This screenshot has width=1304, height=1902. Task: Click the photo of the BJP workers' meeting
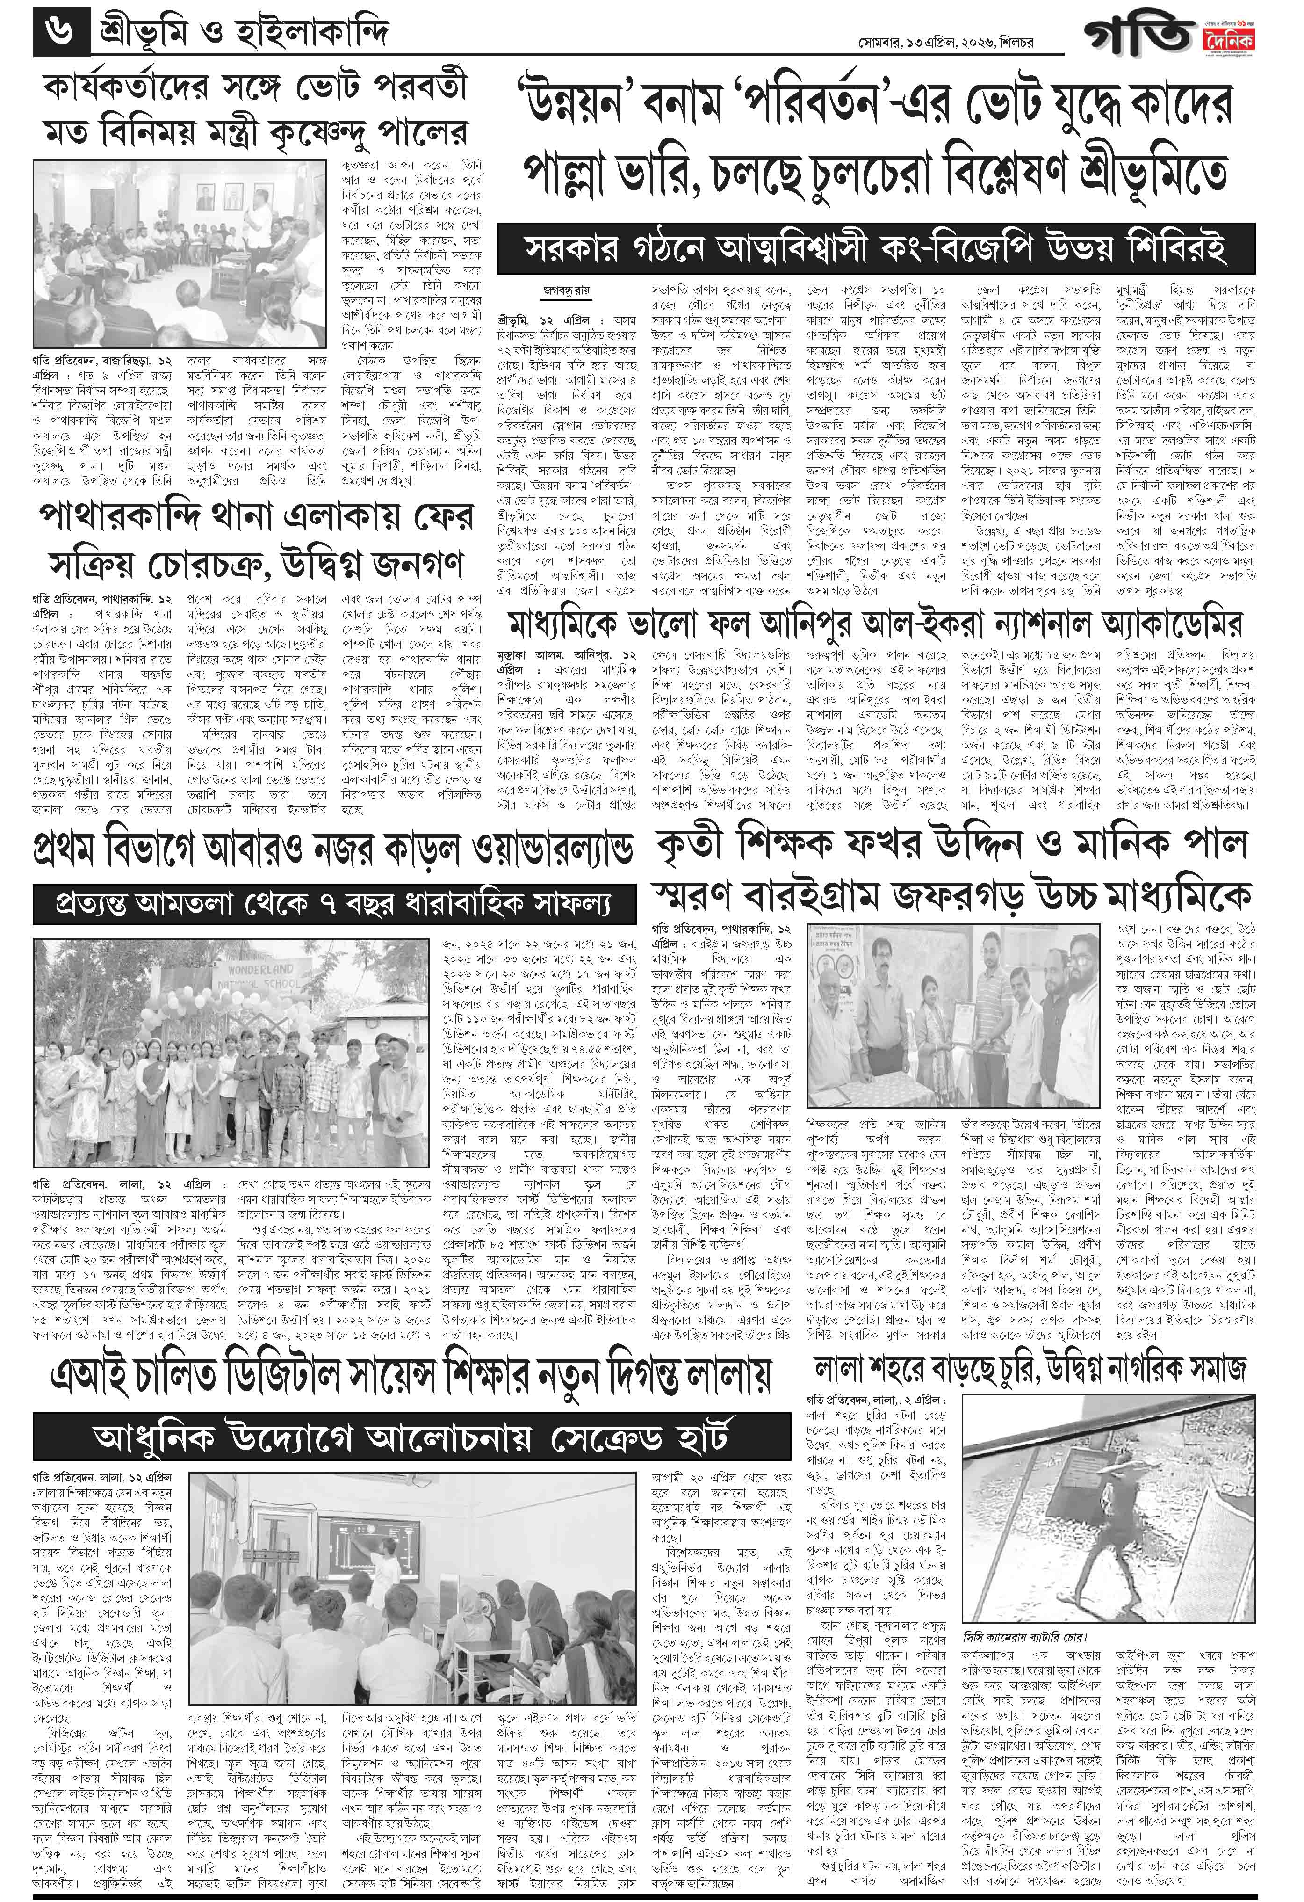pos(184,254)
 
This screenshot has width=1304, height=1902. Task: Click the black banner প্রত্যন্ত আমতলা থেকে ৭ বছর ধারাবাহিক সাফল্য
pos(333,904)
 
